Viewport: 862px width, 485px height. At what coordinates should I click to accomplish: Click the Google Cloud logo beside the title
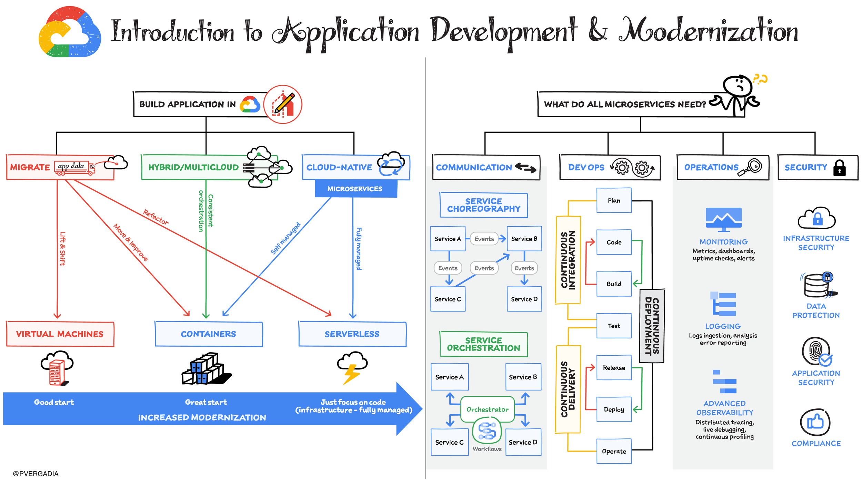70,32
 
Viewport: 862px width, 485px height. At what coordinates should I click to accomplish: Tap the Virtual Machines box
60,334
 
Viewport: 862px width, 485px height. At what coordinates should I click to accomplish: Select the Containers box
209,334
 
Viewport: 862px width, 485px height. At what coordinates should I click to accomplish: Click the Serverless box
352,334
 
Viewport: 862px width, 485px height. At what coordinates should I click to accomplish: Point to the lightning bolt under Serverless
352,374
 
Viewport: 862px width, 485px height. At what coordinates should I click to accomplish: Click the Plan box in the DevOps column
614,200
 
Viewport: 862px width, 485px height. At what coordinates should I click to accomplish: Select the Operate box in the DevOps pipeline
614,451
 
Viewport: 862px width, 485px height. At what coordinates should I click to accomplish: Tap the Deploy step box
614,409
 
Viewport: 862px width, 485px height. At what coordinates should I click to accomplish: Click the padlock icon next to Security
839,168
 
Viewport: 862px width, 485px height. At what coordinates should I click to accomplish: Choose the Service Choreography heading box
484,205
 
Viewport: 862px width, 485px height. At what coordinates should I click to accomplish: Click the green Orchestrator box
488,409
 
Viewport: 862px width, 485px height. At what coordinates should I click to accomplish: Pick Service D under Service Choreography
524,299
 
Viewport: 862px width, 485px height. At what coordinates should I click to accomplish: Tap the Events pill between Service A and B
484,239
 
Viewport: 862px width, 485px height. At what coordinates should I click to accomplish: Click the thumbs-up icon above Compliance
815,422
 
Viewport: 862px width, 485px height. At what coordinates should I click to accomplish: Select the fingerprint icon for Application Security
816,352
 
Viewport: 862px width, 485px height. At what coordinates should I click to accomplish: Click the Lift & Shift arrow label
62,248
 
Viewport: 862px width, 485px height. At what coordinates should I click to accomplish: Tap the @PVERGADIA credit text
36,474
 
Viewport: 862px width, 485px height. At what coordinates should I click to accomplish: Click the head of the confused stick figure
737,85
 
